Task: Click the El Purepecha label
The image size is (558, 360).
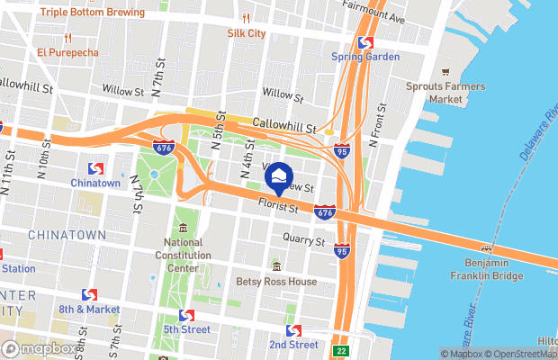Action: pos(67,51)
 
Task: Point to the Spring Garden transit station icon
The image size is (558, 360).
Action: pos(364,41)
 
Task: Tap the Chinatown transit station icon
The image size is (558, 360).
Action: pos(95,168)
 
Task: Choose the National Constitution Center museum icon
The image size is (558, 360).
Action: pos(183,227)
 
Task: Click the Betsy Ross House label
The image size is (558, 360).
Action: pos(276,281)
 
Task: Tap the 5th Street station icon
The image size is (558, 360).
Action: pos(186,316)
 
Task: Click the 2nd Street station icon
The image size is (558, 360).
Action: pos(292,330)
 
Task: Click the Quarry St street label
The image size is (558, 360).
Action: pos(303,241)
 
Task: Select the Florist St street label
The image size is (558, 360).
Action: pos(277,207)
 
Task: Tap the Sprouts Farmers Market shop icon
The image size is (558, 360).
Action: pos(445,72)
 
